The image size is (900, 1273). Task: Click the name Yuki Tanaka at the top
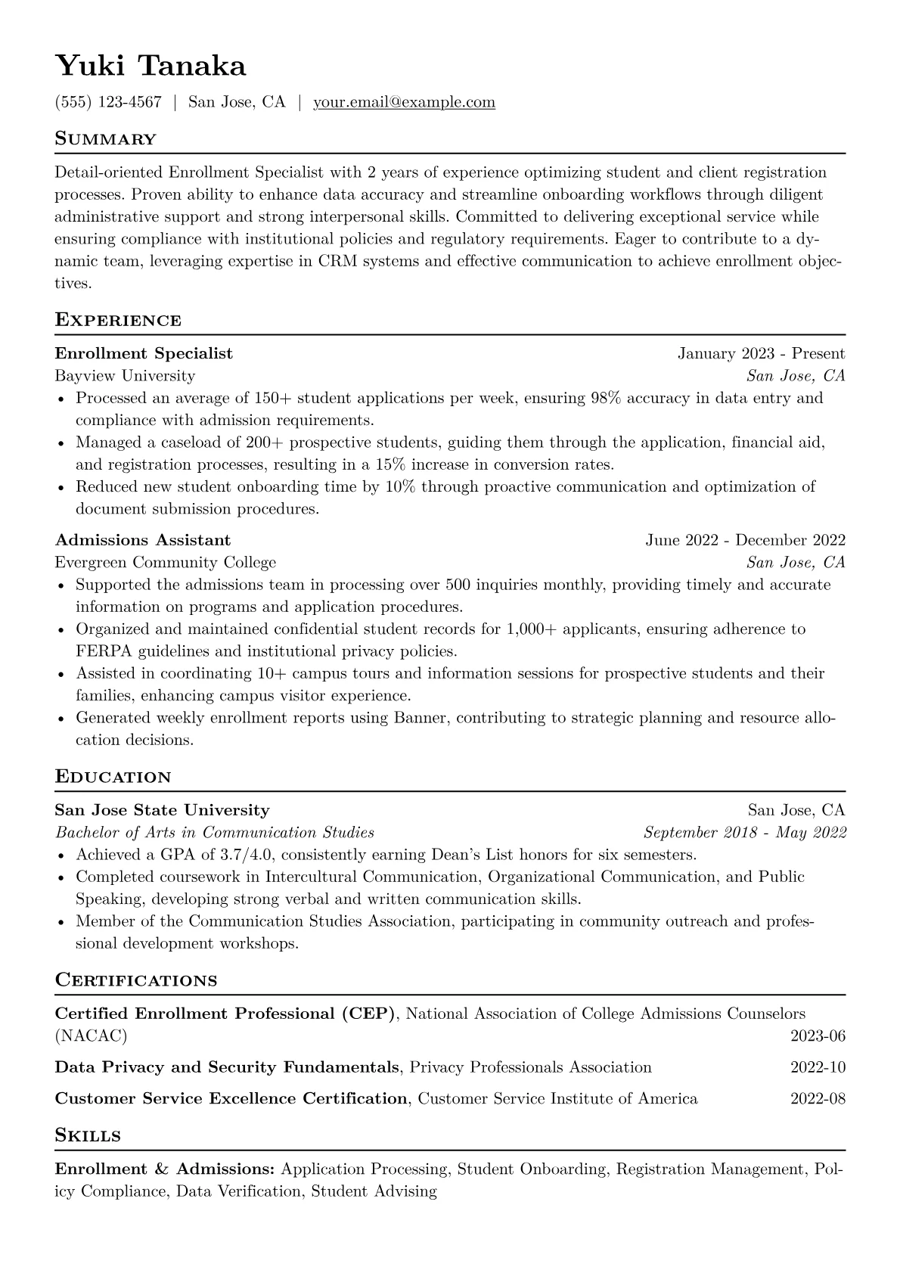(151, 67)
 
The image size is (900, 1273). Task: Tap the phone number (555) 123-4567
(108, 102)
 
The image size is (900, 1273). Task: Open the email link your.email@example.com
(404, 102)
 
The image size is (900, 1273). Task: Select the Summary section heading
(105, 139)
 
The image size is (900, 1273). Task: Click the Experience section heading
(118, 320)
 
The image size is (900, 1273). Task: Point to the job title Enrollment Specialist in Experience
(144, 353)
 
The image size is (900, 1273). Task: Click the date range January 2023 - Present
(761, 353)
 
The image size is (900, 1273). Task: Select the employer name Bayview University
(125, 376)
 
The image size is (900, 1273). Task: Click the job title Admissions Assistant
(143, 540)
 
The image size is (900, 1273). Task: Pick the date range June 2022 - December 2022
(745, 540)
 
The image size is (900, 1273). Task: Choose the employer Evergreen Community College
(166, 563)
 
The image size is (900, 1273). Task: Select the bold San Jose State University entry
(162, 810)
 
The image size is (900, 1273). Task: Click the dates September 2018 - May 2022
(744, 833)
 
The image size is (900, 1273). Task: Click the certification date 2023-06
(818, 1036)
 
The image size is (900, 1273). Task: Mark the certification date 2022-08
(818, 1098)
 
